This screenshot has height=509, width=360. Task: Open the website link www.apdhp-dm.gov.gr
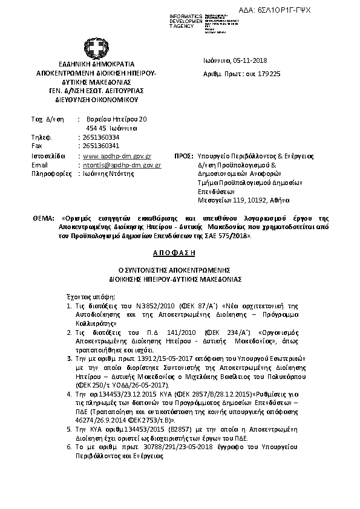pyautogui.click(x=116, y=156)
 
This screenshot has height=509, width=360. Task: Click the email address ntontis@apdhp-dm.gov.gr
pyautogui.click(x=122, y=164)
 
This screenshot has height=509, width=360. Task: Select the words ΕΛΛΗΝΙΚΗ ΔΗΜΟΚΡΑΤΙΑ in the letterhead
pyautogui.click(x=88, y=63)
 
